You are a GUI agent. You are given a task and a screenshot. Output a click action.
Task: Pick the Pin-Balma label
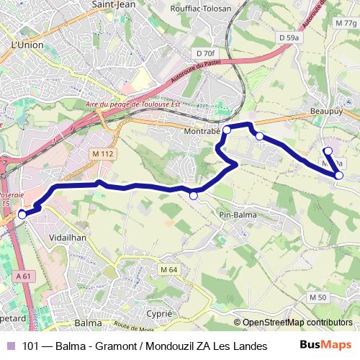(x=237, y=214)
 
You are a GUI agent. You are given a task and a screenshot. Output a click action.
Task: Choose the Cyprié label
(x=158, y=314)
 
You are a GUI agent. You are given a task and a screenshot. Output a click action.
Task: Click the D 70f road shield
(x=205, y=53)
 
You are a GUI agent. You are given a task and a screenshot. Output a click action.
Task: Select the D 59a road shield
(x=289, y=37)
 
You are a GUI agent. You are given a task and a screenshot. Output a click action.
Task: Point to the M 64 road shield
(x=169, y=269)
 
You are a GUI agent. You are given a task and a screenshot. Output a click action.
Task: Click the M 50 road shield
(x=318, y=297)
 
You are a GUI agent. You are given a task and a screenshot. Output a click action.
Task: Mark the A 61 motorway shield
(x=23, y=275)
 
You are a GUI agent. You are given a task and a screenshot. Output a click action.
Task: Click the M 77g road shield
(x=345, y=23)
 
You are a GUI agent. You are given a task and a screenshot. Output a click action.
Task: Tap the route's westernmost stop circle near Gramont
(x=22, y=214)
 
